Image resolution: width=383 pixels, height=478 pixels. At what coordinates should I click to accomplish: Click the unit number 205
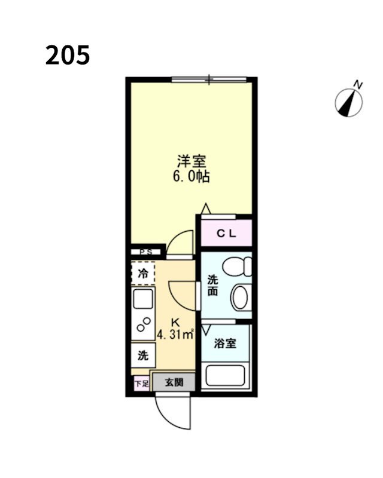click(67, 55)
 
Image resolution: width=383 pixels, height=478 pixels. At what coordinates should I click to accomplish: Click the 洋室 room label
click(191, 161)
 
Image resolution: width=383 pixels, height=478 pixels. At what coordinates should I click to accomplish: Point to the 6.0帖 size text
click(191, 177)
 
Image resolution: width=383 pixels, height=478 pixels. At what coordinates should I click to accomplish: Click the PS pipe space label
click(145, 253)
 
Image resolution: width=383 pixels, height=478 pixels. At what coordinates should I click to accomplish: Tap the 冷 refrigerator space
click(143, 274)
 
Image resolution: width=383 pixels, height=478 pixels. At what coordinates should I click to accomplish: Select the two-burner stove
click(144, 324)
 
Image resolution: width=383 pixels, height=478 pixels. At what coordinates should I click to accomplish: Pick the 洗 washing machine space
click(143, 356)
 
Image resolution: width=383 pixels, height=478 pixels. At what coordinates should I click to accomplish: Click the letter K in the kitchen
click(176, 321)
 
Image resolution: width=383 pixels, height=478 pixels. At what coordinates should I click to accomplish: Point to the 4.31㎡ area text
click(175, 335)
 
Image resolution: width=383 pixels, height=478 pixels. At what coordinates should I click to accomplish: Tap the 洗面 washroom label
click(212, 285)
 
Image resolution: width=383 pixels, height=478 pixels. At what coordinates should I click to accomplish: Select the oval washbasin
click(241, 298)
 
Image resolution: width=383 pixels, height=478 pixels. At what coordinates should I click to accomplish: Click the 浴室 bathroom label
click(225, 344)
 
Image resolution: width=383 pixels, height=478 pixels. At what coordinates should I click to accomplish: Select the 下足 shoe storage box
click(141, 384)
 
